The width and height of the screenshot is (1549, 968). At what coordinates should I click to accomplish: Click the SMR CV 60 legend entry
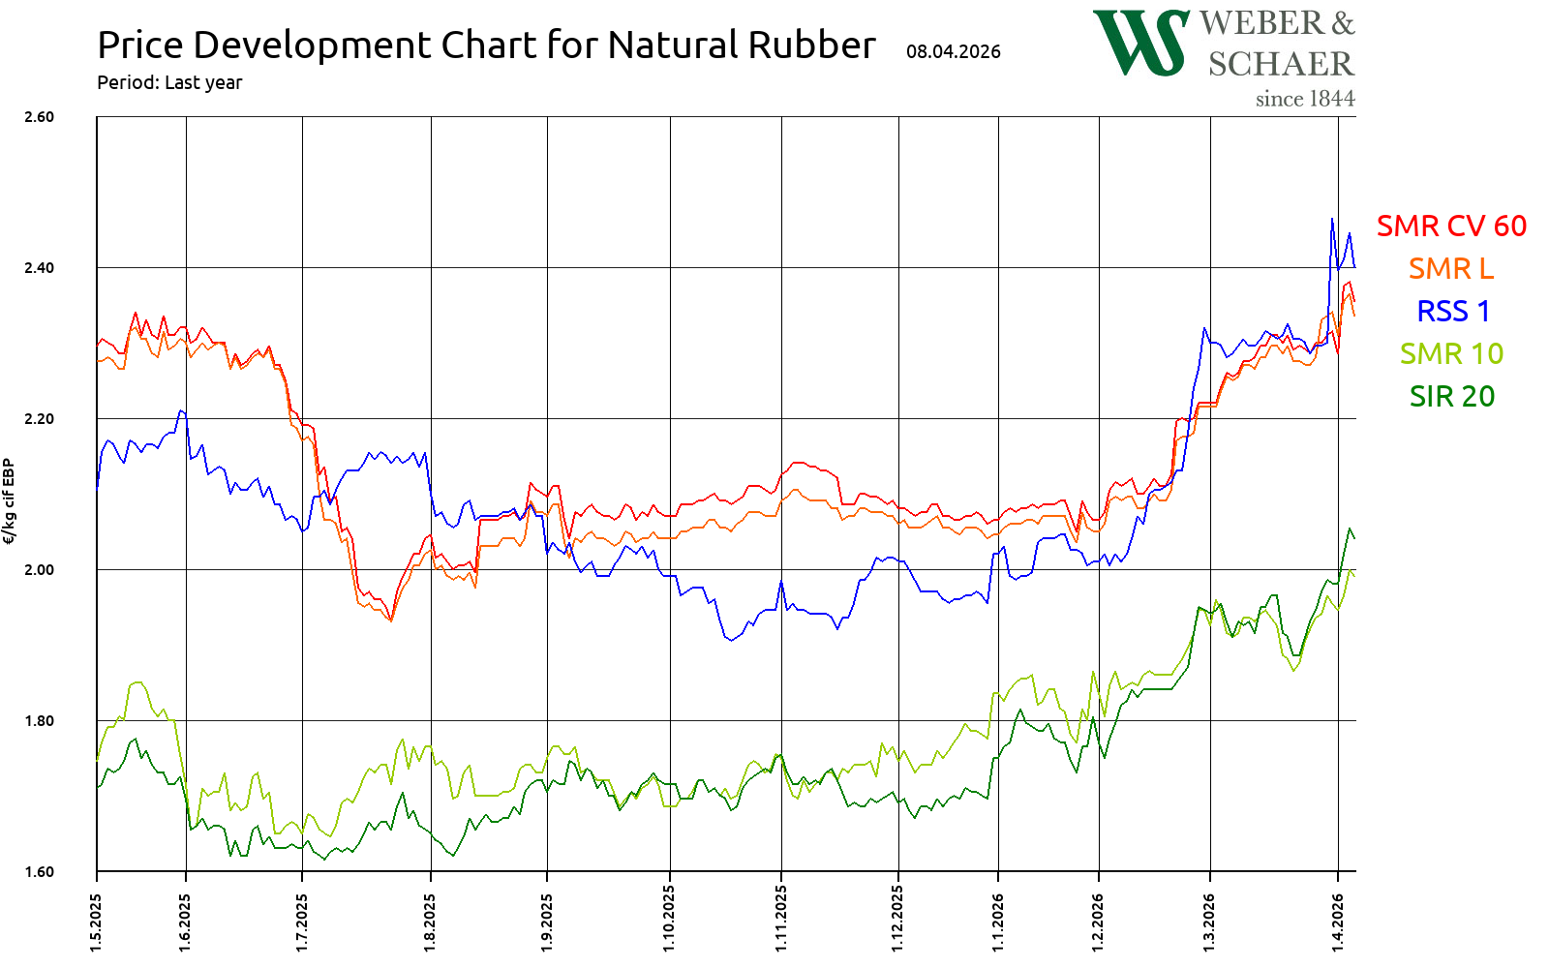(1451, 226)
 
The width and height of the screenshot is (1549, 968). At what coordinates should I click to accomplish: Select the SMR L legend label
(1451, 268)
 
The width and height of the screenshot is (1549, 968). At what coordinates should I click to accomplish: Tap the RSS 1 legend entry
(1453, 311)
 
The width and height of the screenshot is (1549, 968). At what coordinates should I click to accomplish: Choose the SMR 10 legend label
(1451, 353)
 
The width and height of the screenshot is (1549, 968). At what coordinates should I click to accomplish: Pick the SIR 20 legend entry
(1451, 396)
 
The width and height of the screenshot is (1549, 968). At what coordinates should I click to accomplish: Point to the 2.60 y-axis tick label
(39, 117)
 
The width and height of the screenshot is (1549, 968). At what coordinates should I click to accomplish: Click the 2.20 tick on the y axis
(39, 419)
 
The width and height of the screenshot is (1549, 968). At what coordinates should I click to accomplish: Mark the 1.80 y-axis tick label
(39, 721)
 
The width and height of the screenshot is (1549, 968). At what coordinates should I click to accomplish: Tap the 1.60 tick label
(39, 872)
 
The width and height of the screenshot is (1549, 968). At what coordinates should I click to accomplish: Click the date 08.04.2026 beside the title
(954, 52)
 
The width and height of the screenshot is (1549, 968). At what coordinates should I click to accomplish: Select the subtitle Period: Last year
(169, 83)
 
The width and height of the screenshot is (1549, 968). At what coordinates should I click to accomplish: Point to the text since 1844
(1305, 99)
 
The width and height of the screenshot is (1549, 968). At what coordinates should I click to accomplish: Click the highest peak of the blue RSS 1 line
(1332, 219)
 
